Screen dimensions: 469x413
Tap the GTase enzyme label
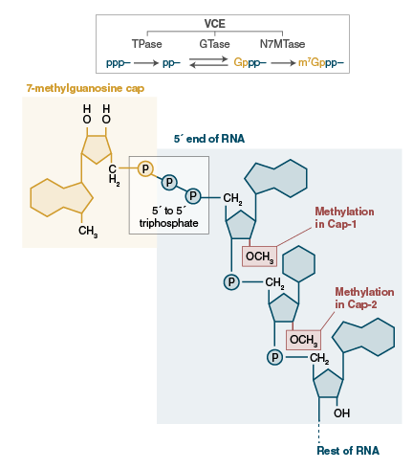tap(214, 44)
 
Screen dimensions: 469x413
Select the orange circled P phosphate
tap(145, 168)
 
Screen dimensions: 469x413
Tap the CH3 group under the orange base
tap(89, 231)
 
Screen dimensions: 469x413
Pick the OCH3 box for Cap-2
tap(303, 339)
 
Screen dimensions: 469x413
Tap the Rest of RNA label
tap(347, 450)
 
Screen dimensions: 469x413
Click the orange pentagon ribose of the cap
tap(100, 147)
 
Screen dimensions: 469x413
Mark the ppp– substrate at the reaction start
tap(117, 62)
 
